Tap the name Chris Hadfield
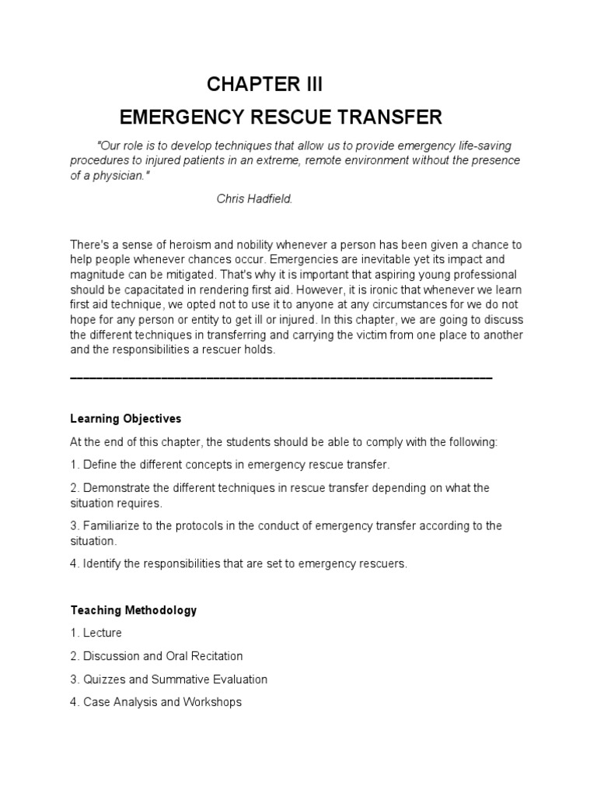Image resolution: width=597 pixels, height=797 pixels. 254,198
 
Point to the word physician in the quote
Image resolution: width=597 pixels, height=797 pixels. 118,175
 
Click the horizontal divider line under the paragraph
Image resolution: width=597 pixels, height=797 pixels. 281,377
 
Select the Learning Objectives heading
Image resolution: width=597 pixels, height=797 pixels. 125,419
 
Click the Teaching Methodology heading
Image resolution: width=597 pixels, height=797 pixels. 133,610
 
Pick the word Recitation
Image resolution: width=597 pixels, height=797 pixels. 217,656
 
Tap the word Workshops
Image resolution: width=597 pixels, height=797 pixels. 212,702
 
